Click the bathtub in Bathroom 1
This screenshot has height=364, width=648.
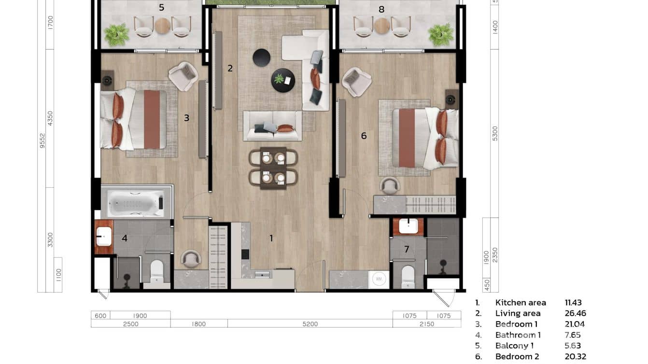coord(135,203)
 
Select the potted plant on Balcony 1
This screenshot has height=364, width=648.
coord(117,34)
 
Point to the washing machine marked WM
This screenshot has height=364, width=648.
coord(379,280)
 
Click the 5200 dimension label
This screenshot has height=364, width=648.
coord(310,324)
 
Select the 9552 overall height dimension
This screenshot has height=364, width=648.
coord(42,142)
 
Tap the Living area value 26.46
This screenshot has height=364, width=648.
coord(575,313)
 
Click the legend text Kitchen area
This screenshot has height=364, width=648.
coord(521,303)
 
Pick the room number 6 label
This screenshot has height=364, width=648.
coord(364,136)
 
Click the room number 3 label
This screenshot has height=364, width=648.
coord(186,118)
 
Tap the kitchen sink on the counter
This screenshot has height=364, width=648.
coord(263,275)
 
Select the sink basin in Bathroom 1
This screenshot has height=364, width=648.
coord(104,237)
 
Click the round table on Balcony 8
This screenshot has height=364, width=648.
coord(382,26)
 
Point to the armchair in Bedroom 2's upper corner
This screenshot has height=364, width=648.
coord(356,81)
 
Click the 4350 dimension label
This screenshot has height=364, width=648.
coord(51,118)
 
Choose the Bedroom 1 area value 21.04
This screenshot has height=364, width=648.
coord(575,324)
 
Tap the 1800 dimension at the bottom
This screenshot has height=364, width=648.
coord(198,324)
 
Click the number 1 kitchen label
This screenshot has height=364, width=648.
coord(271,238)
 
